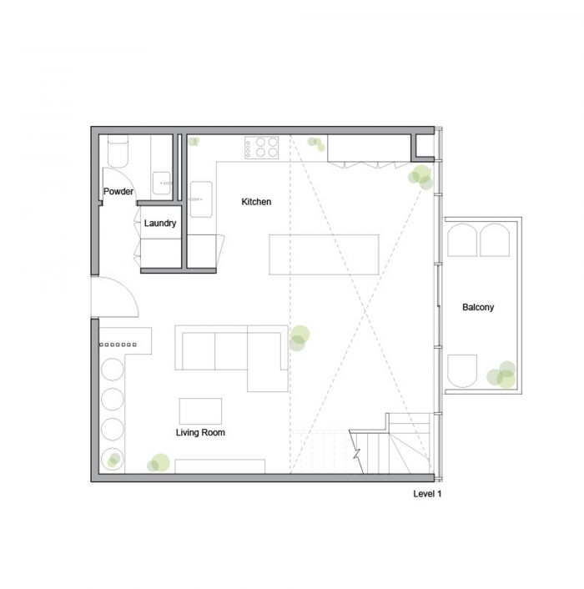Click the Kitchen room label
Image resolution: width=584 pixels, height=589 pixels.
coord(256,202)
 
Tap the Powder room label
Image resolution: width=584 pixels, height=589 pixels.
coord(118,191)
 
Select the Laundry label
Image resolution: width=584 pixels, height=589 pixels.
coord(160,223)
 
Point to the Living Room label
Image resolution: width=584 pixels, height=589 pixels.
coord(200,432)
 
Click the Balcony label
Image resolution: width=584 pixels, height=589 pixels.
coord(478,307)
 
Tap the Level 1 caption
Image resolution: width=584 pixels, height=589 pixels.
coord(427,494)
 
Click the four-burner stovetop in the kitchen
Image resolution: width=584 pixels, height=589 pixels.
coord(262,148)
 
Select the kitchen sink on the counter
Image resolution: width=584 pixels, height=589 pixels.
coord(201,199)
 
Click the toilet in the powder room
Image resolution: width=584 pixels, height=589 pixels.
coord(118,151)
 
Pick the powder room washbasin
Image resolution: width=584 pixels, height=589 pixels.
coord(162,183)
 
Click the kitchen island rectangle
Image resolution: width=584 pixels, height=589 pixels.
coord(324,254)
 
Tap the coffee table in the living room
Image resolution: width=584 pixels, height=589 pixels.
coord(200,411)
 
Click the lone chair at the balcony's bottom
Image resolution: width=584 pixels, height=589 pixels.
coord(462,370)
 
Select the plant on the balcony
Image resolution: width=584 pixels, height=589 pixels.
coord(501,375)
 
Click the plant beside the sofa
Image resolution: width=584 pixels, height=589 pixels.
coord(300,338)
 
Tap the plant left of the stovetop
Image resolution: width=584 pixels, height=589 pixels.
coord(194,141)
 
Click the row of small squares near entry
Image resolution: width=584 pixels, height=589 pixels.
coord(118,345)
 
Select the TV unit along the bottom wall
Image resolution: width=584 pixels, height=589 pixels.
coord(219,466)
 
